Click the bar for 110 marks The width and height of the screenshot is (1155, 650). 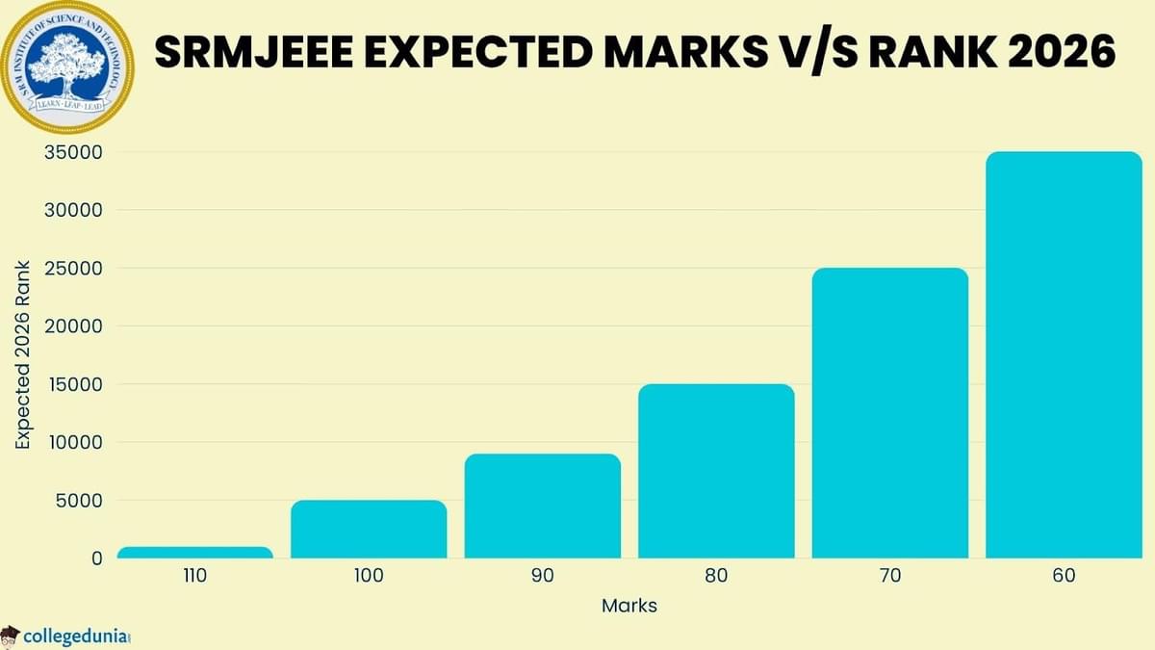[x=194, y=553]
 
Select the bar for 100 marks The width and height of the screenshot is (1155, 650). [x=369, y=529]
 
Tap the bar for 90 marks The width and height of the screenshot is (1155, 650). [x=542, y=506]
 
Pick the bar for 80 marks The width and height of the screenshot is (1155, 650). [x=716, y=471]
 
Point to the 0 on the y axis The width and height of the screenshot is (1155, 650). [x=96, y=559]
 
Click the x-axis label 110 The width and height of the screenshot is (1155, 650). [x=194, y=577]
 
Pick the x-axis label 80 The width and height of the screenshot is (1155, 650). [x=716, y=577]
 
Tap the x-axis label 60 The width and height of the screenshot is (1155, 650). [x=1064, y=577]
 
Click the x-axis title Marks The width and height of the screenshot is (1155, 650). [x=629, y=606]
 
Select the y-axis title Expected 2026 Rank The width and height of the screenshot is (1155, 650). [x=23, y=354]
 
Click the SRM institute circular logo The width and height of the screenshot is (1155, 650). [x=65, y=65]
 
